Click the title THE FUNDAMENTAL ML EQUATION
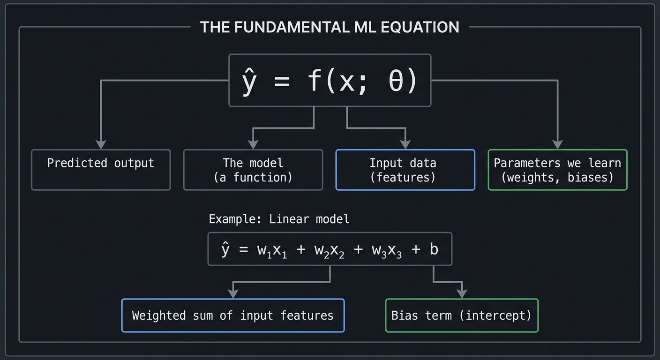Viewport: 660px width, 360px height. pyautogui.click(x=330, y=27)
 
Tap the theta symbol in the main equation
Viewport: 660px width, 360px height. pyautogui.click(x=396, y=81)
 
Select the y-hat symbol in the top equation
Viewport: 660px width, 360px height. pyautogui.click(x=248, y=81)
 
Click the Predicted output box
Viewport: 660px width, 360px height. pyautogui.click(x=101, y=170)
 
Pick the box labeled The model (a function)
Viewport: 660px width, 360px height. pyautogui.click(x=253, y=170)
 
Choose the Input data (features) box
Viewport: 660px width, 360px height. pyautogui.click(x=405, y=170)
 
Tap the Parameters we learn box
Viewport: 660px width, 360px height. pyautogui.click(x=557, y=170)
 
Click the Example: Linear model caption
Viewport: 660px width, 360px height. pyautogui.click(x=279, y=219)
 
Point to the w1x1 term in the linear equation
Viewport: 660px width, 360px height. pyautogui.click(x=272, y=250)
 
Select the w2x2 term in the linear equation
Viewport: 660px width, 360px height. pyautogui.click(x=330, y=250)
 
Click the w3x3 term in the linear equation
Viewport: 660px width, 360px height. pyautogui.click(x=387, y=250)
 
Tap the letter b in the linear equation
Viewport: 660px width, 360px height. pyautogui.click(x=434, y=249)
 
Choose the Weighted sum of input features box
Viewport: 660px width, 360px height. pyautogui.click(x=233, y=315)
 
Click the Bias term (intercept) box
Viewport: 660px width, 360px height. pyautogui.click(x=462, y=315)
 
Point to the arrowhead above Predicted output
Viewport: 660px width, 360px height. pyautogui.click(x=101, y=144)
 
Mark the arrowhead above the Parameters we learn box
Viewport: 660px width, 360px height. pyautogui.click(x=557, y=144)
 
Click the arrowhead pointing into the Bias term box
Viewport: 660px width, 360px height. pyautogui.click(x=462, y=293)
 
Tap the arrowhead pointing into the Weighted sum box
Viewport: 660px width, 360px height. pyautogui.click(x=233, y=293)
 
